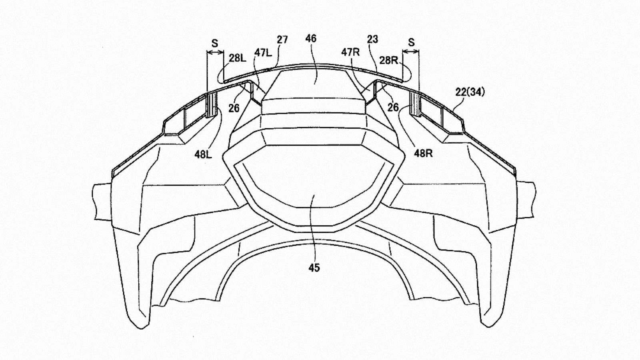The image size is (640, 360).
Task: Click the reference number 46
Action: click(311, 38)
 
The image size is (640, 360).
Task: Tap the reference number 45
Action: click(314, 268)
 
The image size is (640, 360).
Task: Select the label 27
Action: click(282, 40)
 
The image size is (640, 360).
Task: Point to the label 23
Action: click(372, 39)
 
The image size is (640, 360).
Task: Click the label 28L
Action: click(238, 58)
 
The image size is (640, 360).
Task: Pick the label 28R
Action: click(389, 60)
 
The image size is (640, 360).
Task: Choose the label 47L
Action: click(263, 53)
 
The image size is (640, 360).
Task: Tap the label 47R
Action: click(350, 52)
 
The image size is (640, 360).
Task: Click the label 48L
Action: click(204, 154)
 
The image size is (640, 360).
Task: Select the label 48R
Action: click(424, 154)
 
